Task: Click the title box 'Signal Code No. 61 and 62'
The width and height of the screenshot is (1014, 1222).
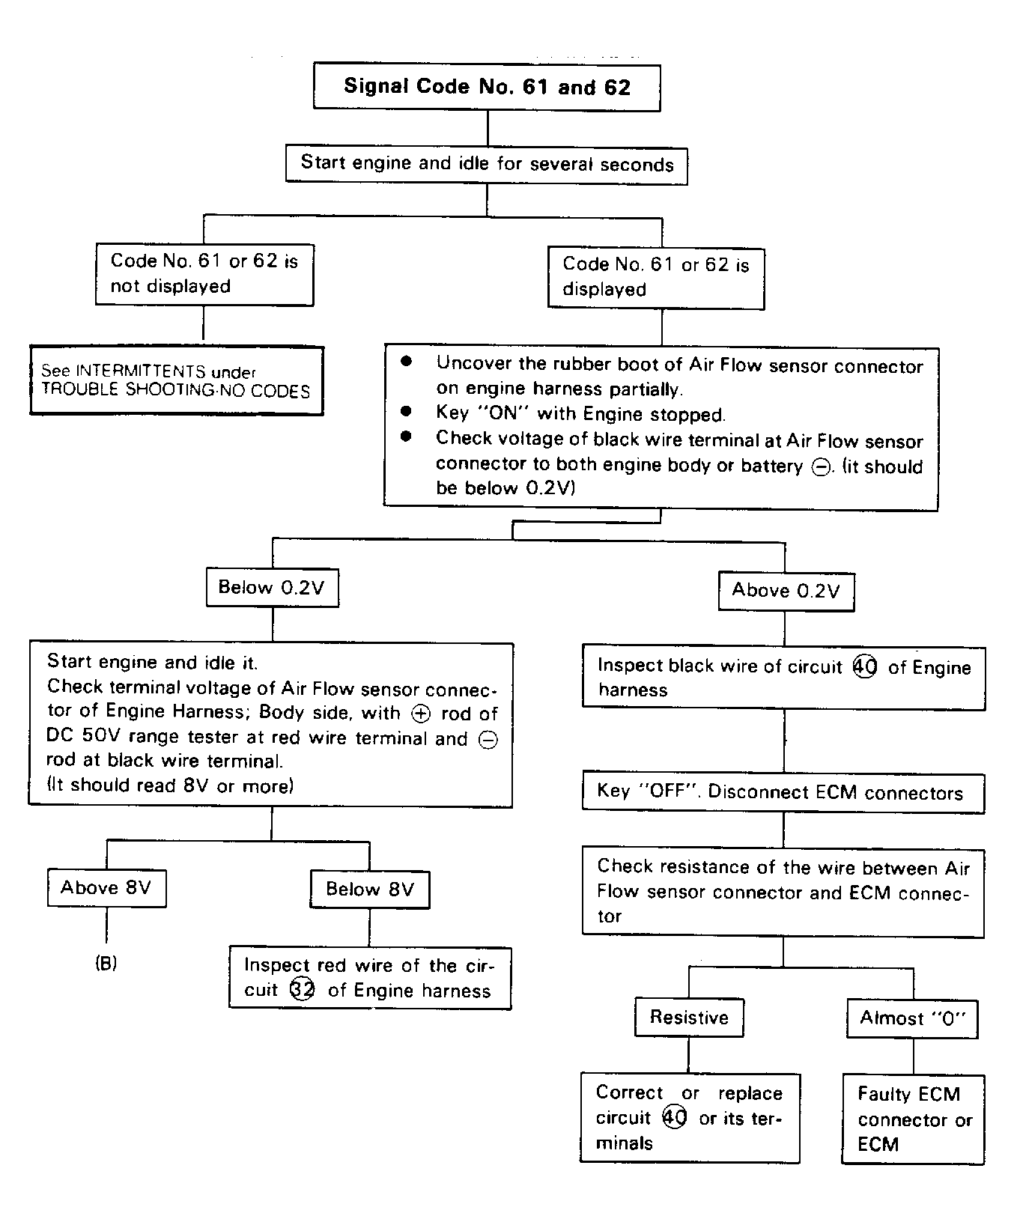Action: (487, 87)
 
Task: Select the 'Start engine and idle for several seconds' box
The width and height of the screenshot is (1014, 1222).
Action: (487, 164)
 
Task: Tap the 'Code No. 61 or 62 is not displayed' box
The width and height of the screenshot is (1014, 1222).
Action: (204, 273)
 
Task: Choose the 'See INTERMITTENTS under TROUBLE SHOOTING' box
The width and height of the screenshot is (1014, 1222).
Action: (177, 380)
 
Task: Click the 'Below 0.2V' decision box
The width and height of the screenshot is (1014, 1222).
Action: (272, 587)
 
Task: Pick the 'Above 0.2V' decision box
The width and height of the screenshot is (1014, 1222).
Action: (786, 591)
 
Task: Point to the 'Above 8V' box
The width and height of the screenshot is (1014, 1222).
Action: (106, 888)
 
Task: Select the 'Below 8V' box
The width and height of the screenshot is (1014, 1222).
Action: (370, 890)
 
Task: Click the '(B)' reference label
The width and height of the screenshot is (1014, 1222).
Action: (106, 963)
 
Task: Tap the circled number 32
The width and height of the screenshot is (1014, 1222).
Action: (302, 990)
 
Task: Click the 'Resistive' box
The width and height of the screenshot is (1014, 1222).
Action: (689, 1017)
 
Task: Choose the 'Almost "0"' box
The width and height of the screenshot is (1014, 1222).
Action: (913, 1018)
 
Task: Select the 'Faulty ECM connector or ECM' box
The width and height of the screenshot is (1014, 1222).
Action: (913, 1119)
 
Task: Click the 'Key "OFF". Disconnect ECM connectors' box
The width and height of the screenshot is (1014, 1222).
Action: (783, 793)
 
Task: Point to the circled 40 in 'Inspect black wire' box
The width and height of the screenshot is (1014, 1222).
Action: (865, 666)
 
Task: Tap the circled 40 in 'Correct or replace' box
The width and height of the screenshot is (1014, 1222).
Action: (675, 1118)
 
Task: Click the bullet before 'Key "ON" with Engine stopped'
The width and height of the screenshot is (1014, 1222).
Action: (407, 412)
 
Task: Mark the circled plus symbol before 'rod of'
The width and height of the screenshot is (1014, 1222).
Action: (422, 714)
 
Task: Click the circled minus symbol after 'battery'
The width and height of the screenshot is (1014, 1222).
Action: (820, 467)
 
